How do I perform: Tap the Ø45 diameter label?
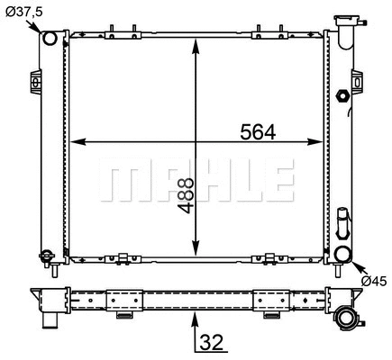pos(374,281)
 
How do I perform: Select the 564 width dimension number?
pos(257,131)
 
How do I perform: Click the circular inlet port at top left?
pos(50,39)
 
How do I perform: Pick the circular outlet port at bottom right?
pos(342,254)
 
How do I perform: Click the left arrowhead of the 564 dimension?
pos(77,141)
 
